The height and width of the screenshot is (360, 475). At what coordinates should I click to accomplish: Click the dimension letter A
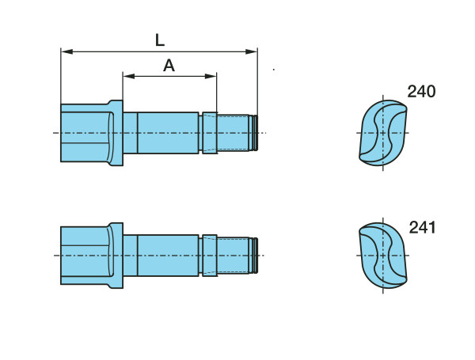tap(169, 66)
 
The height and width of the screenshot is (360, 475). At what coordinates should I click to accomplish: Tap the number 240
tap(421, 92)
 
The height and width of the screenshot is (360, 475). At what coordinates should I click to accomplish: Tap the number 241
tap(423, 229)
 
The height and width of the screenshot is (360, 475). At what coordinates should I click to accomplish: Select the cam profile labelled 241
tap(384, 255)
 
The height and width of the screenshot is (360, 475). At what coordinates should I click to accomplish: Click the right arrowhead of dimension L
tap(253, 51)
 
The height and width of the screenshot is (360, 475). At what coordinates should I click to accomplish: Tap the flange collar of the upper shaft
tap(116, 132)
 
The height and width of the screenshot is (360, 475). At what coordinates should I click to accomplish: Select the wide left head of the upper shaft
tap(84, 132)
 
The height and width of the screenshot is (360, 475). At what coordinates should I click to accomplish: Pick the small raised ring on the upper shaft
tap(210, 132)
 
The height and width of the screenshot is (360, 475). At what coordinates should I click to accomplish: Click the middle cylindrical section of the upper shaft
tap(168, 132)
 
